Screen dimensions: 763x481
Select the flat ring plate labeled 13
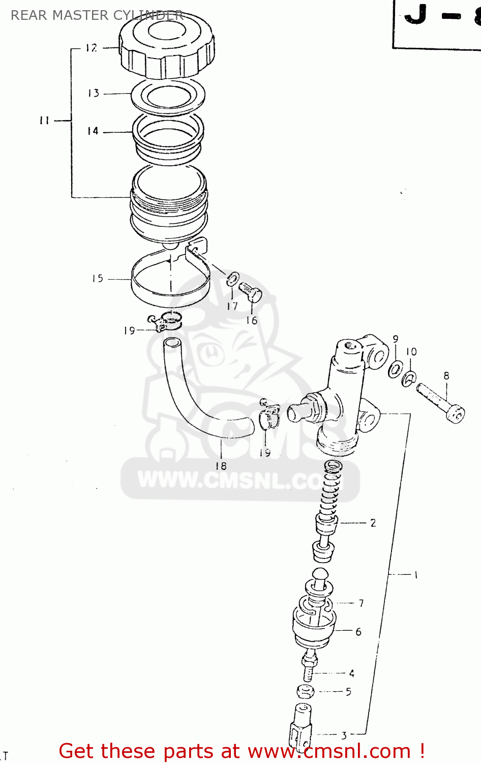(168, 96)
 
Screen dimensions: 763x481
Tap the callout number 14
(93, 131)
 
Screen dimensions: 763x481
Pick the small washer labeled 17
(233, 279)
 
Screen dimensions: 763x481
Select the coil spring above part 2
(331, 488)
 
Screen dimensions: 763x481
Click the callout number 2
(373, 523)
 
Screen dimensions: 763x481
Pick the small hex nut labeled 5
(305, 692)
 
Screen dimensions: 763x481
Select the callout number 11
(45, 121)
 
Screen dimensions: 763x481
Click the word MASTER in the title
(81, 15)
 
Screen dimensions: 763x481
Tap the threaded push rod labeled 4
(309, 668)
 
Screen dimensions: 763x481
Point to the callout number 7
(361, 603)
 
